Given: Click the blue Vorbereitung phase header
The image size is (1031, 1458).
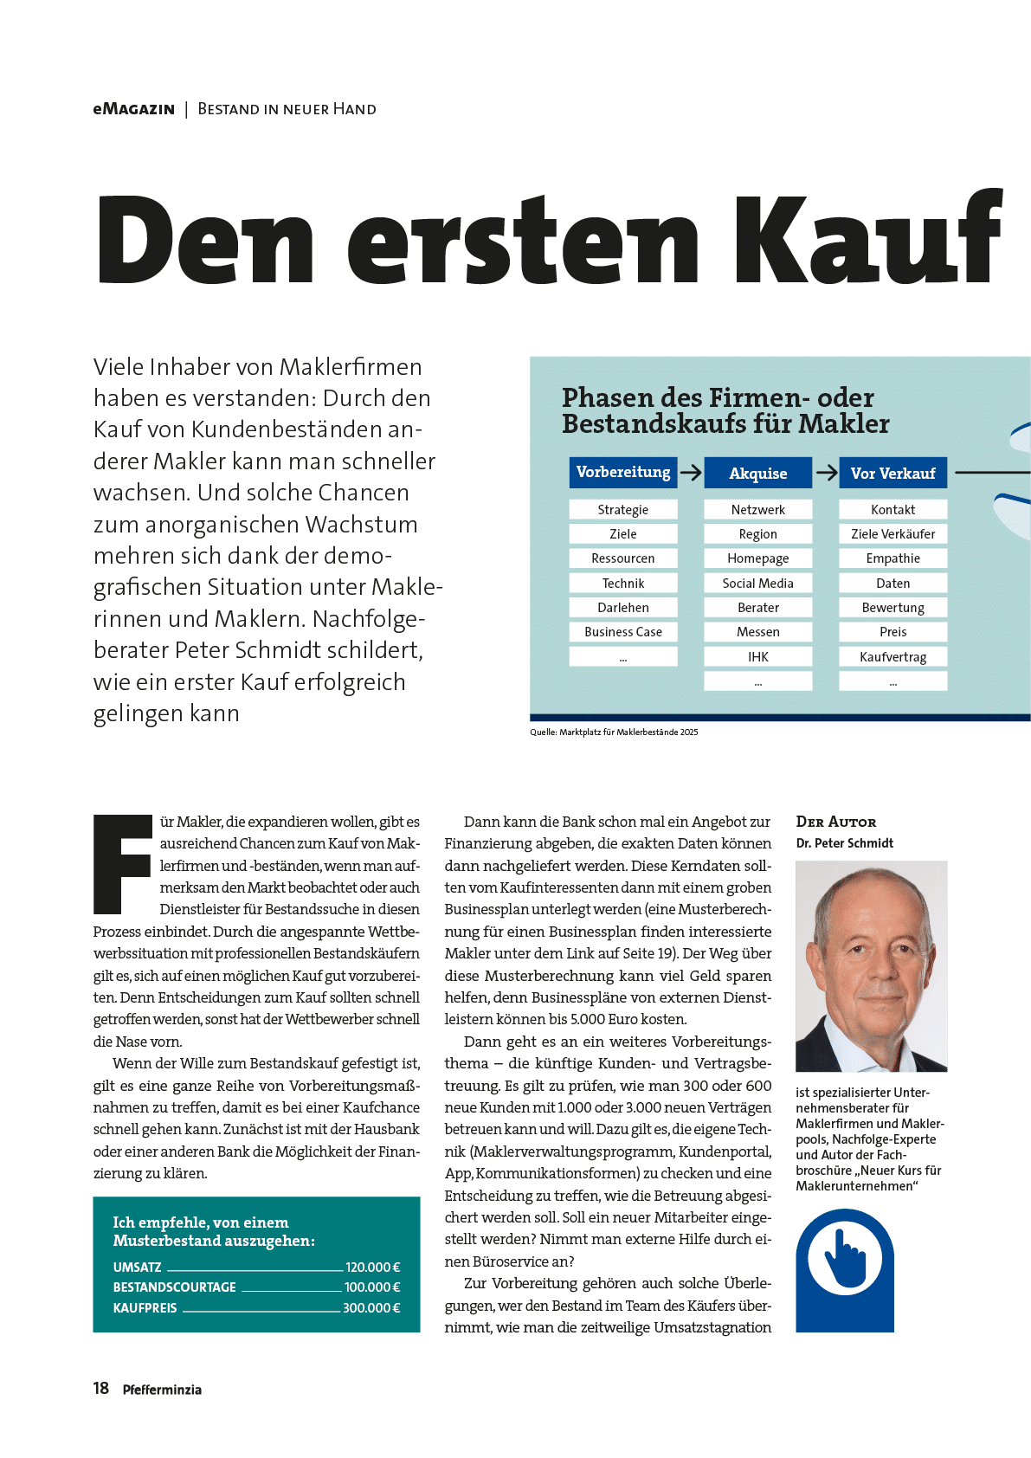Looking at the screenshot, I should click(x=623, y=472).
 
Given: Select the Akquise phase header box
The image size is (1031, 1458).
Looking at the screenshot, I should click(x=757, y=474).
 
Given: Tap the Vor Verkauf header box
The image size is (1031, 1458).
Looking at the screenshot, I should click(x=892, y=474).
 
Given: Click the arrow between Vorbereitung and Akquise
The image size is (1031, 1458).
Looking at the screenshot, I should click(x=691, y=473).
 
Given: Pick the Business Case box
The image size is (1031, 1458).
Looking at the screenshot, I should click(x=623, y=632).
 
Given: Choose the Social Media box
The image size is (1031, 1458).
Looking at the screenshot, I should click(x=757, y=584).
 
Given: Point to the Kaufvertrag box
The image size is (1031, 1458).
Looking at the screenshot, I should click(x=892, y=657).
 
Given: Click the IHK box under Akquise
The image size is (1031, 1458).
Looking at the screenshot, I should click(x=757, y=657).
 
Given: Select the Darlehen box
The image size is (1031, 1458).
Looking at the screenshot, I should click(x=623, y=608).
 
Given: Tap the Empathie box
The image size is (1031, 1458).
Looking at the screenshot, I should click(x=892, y=558).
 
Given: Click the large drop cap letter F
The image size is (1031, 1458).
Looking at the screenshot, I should click(x=122, y=863).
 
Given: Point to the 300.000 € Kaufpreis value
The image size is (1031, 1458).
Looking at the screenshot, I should click(x=371, y=1308).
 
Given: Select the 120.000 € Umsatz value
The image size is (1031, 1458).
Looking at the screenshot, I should click(x=372, y=1268).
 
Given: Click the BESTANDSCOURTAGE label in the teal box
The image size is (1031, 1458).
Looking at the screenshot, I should click(x=175, y=1287).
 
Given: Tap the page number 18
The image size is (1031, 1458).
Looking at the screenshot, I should click(x=101, y=1389).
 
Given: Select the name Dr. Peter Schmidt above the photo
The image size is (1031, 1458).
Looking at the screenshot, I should click(x=844, y=843).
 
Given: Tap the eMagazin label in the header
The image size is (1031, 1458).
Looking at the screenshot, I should click(x=134, y=109).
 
